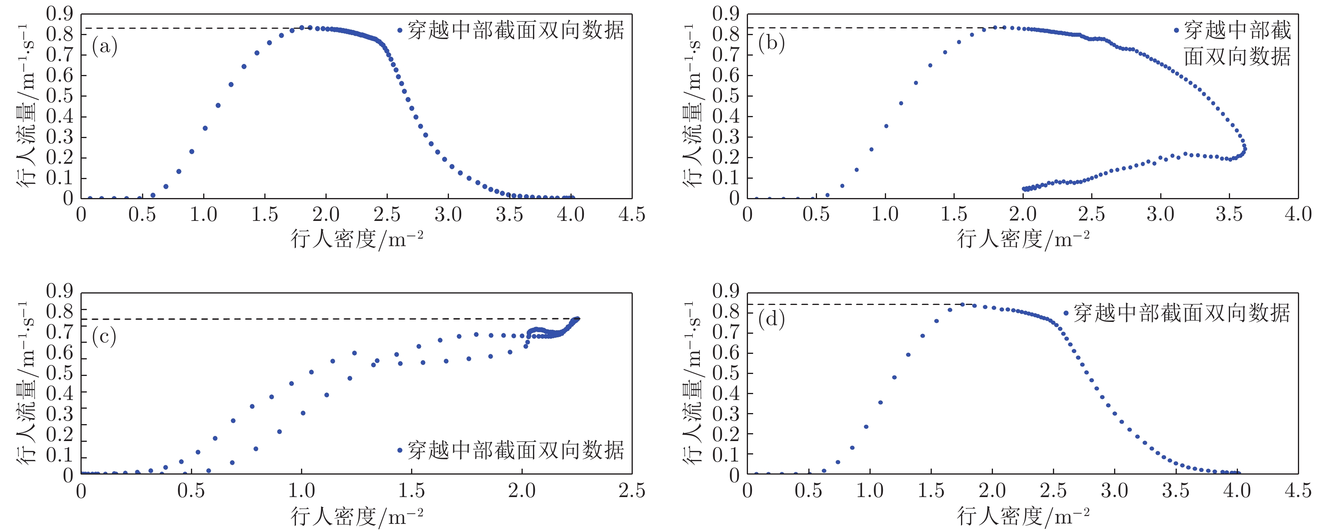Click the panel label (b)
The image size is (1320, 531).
771,43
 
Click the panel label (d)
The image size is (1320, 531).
771,319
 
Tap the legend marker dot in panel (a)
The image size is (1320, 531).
400,31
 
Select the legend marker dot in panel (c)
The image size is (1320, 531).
400,450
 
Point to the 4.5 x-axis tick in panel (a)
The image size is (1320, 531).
631,214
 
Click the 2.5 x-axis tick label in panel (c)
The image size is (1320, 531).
631,491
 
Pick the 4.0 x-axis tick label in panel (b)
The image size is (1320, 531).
1298,214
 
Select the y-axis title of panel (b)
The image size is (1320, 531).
694,105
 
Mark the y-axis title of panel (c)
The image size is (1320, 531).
28,383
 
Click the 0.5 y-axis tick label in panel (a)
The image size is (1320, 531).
60,96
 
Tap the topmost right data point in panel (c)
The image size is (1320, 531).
578,319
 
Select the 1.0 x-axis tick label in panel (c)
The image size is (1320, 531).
301,491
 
